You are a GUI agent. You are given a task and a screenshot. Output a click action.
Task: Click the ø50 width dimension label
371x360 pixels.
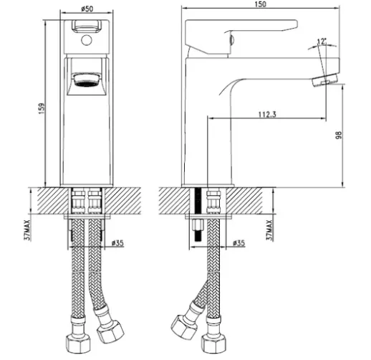click(x=87, y=9)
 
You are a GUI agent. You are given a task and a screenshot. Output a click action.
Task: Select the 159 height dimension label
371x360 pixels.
click(x=42, y=108)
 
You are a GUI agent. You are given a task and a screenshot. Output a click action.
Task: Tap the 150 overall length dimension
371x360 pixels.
click(x=260, y=4)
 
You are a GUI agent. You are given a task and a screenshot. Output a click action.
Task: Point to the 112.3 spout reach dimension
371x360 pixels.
click(x=267, y=114)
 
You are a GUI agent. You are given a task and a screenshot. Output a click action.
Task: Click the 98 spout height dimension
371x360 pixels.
click(x=339, y=135)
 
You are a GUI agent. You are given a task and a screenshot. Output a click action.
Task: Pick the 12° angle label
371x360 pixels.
click(x=322, y=42)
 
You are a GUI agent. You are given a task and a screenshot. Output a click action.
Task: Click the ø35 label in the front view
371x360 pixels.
click(x=117, y=243)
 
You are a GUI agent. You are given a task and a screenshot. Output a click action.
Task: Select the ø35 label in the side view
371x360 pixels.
click(x=238, y=243)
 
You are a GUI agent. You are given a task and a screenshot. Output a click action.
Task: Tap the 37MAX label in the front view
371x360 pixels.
click(x=28, y=230)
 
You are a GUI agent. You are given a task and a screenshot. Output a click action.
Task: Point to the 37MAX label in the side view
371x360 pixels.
click(x=269, y=230)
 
